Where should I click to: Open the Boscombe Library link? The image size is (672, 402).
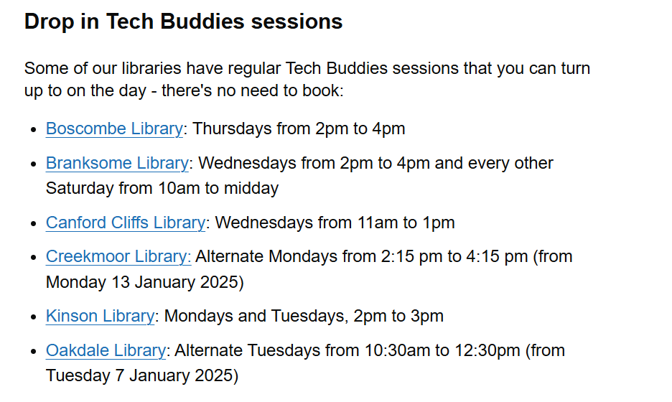point(114,128)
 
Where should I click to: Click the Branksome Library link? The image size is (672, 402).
point(117,163)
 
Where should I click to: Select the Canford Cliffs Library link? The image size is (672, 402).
point(126,223)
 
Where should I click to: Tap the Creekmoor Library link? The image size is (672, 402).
point(118,256)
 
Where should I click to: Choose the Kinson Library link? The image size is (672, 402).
point(100,316)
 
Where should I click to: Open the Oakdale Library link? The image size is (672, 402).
point(106,350)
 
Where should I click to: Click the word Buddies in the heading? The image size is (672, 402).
point(202,22)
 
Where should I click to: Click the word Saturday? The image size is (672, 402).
point(80,188)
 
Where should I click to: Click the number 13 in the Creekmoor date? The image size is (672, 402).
point(121,282)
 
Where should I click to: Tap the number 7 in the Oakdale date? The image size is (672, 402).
point(119,376)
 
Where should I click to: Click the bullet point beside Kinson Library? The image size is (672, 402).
point(34,317)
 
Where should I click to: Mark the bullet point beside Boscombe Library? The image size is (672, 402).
point(34,130)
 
